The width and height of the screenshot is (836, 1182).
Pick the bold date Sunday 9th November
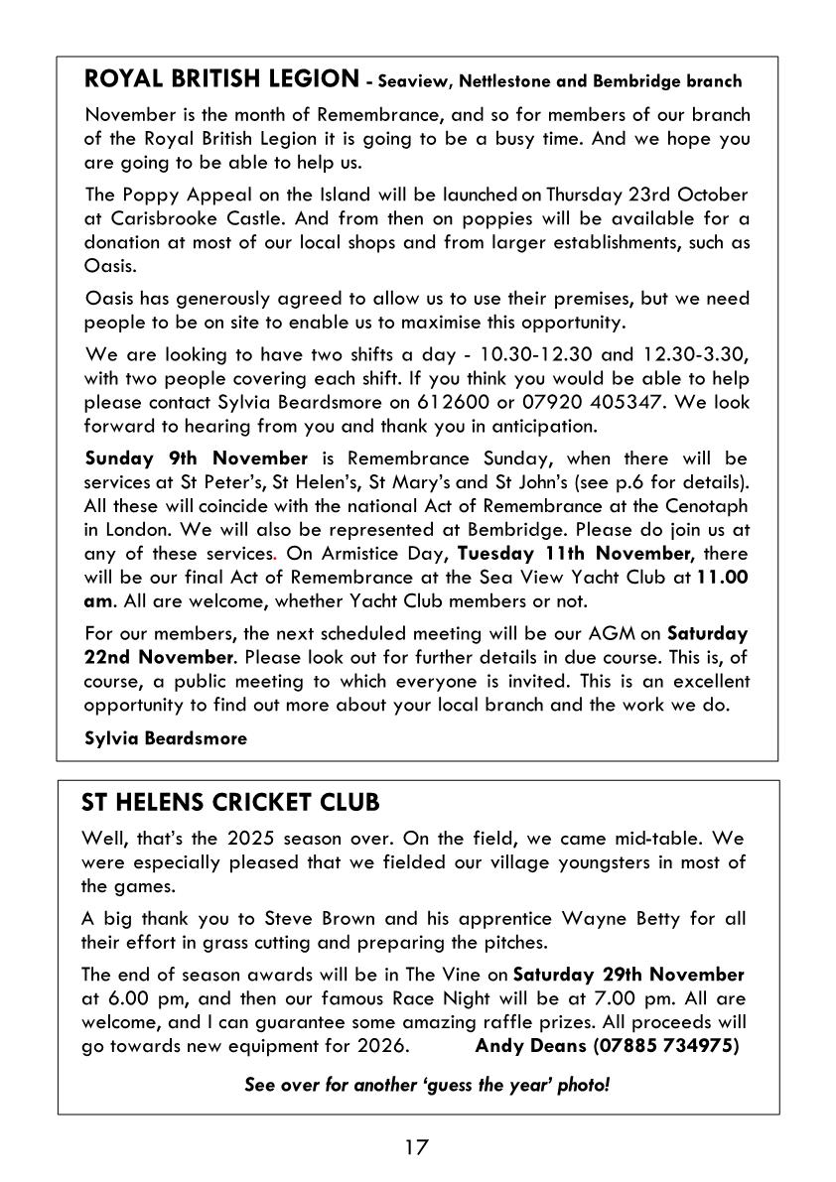click(x=197, y=458)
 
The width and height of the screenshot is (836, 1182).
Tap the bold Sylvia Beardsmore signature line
click(x=167, y=737)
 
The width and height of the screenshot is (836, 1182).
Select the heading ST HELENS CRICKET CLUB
click(x=230, y=801)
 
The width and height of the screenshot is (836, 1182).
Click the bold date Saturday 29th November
click(x=628, y=975)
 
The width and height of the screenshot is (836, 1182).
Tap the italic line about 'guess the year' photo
click(x=427, y=1085)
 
